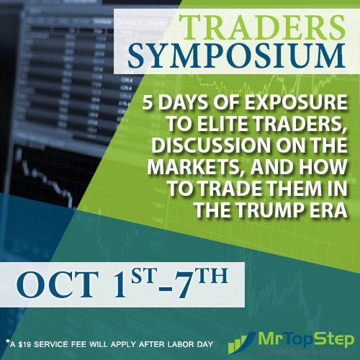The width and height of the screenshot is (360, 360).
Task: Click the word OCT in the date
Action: pyautogui.click(x=57, y=283)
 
